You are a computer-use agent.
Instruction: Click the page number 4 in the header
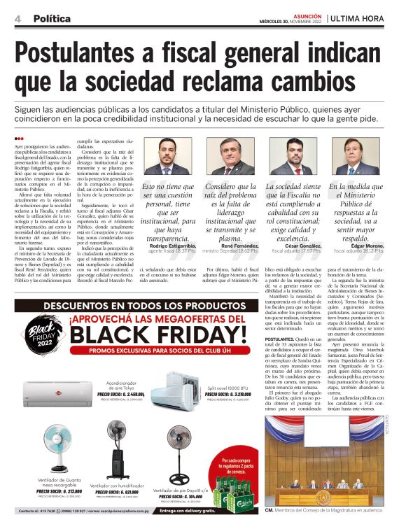click(17, 18)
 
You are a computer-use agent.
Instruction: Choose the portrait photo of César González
click(293, 156)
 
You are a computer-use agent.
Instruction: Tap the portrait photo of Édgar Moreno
click(356, 156)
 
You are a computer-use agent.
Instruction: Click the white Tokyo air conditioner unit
click(52, 392)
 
